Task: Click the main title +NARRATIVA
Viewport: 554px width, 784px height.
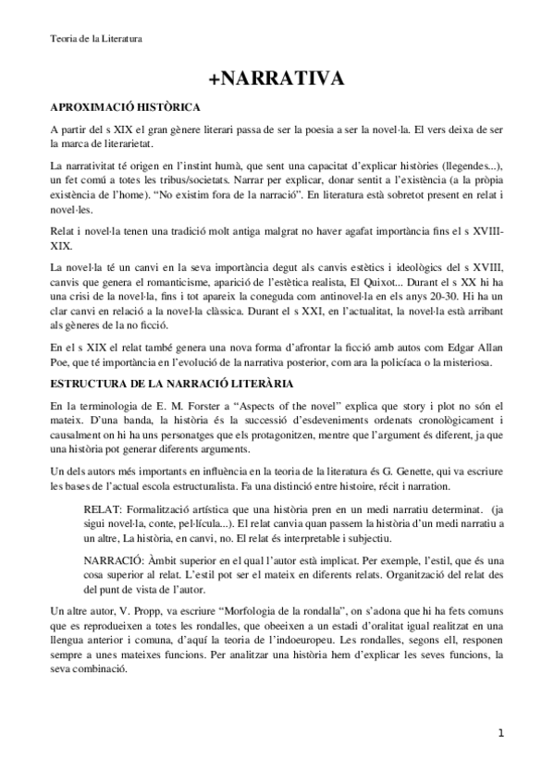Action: [x=277, y=80]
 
